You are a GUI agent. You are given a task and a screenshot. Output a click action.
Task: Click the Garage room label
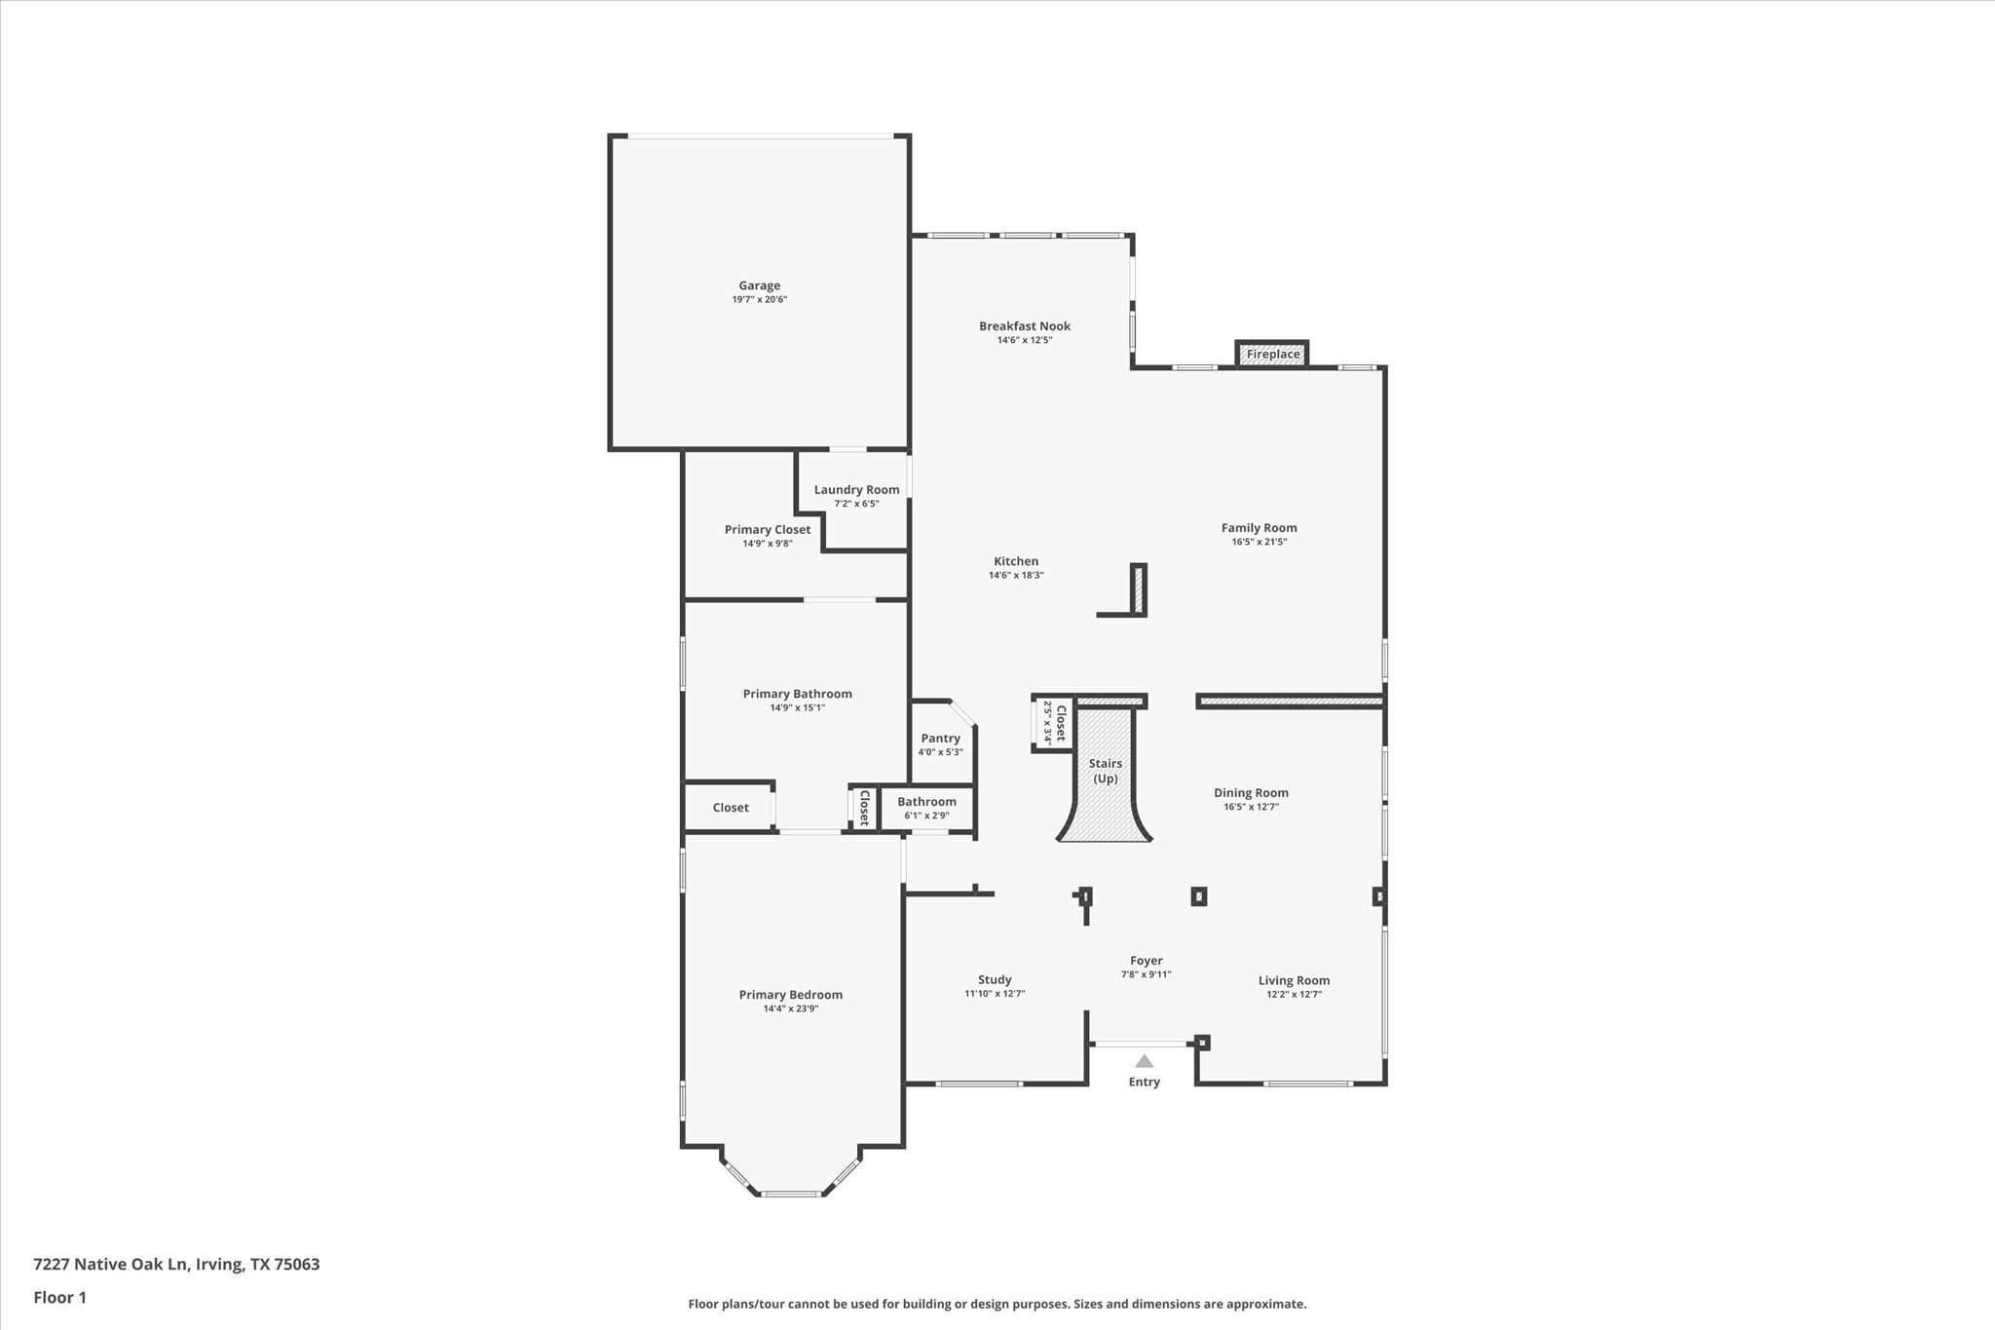[x=759, y=285]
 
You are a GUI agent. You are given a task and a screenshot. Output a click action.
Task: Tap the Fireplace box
[x=1272, y=354]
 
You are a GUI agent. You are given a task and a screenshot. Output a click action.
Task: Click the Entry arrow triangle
[x=1144, y=1061]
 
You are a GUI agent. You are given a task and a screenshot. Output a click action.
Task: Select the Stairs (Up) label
[x=1106, y=771]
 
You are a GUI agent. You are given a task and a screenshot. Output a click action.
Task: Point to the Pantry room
[x=940, y=743]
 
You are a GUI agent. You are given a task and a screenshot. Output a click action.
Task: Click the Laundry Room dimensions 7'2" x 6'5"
[x=856, y=504]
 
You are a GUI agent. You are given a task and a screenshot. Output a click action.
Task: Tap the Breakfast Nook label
[x=1025, y=326]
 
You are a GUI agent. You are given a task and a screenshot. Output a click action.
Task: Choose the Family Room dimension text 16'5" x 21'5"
[x=1259, y=542]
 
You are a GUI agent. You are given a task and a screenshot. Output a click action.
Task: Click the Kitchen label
[x=1016, y=561]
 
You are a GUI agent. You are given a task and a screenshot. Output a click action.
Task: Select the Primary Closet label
[x=767, y=530]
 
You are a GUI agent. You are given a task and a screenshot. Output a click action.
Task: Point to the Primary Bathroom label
[x=797, y=694]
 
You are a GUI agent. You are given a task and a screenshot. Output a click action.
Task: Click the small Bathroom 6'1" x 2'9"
[x=926, y=808]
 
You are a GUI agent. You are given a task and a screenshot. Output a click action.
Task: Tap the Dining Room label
[x=1251, y=793]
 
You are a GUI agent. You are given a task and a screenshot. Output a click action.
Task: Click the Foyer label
[x=1146, y=961]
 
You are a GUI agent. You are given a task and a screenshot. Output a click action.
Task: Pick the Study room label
[x=995, y=980]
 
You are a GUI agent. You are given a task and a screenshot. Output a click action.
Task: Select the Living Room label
[x=1294, y=981]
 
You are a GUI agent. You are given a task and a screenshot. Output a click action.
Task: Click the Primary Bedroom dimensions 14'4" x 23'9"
[x=790, y=1008]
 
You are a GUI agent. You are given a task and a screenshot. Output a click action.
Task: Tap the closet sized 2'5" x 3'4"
[x=1054, y=722]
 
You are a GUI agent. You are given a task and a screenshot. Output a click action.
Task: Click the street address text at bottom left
[x=176, y=1264]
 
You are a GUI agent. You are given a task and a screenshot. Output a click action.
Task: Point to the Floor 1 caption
[x=60, y=1297]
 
